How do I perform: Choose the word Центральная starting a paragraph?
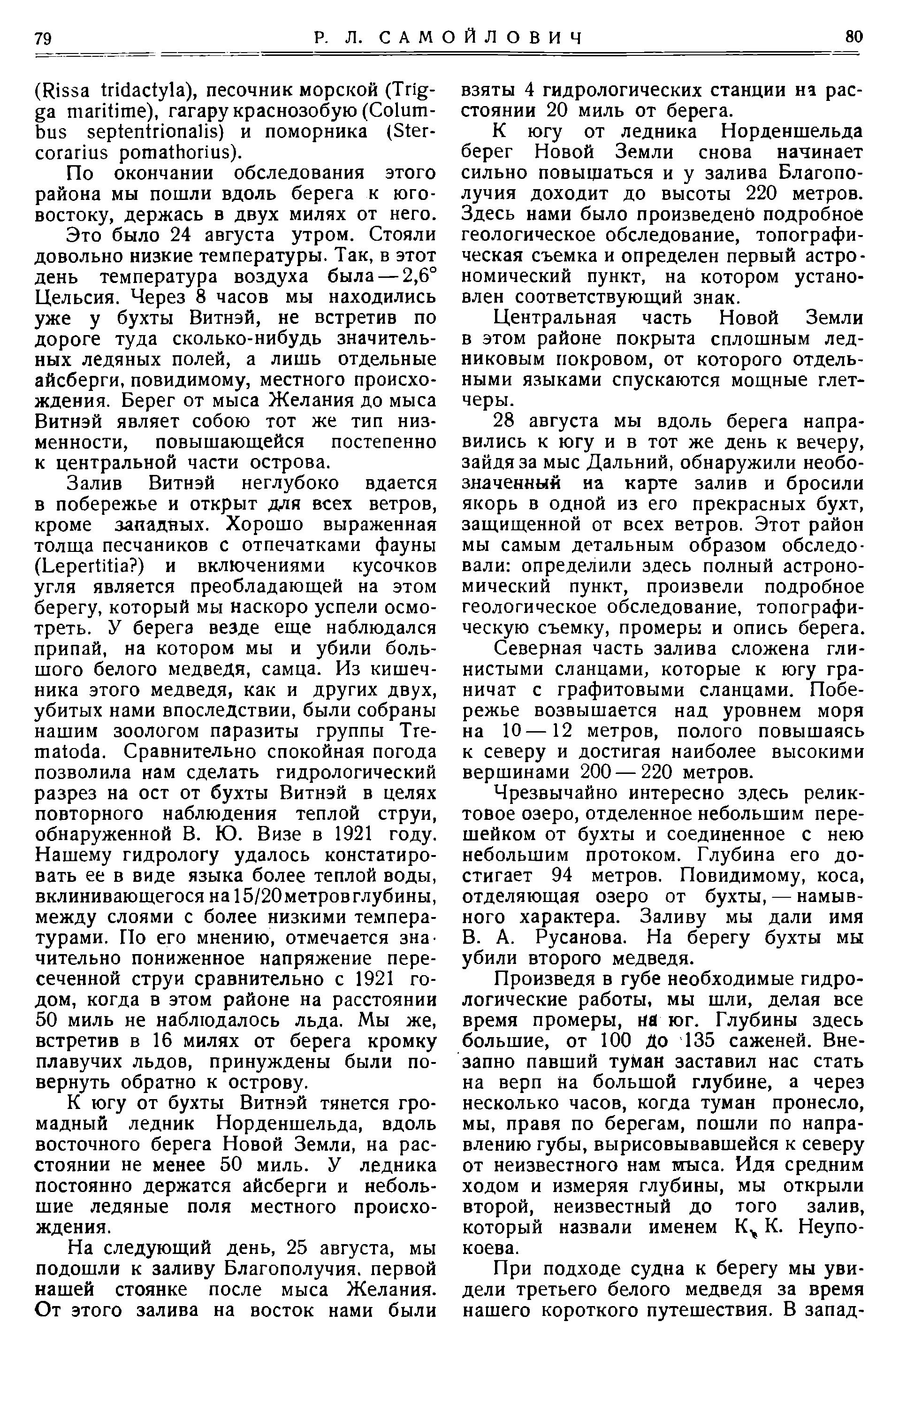pos(556,318)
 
